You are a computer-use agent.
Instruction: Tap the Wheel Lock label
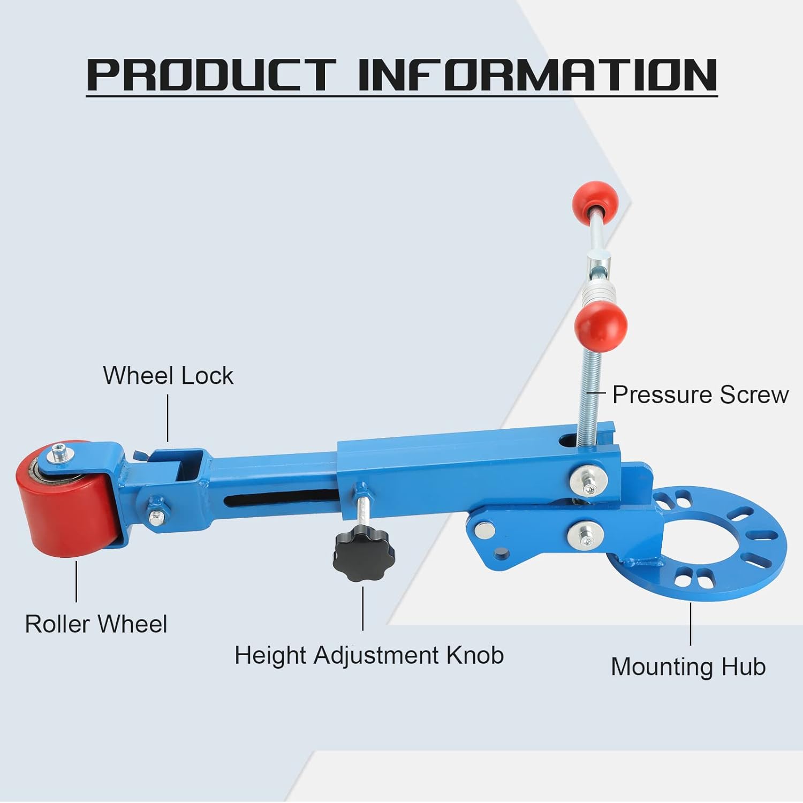168,376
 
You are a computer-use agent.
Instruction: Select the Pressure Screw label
700,395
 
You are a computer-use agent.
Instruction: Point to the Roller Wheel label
96,624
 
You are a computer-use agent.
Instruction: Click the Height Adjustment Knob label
369,655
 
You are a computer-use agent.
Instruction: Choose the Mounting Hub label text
688,667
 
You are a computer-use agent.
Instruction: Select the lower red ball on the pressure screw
600,323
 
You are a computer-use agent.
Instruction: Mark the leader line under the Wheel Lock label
168,418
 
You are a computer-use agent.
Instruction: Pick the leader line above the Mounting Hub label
691,624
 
